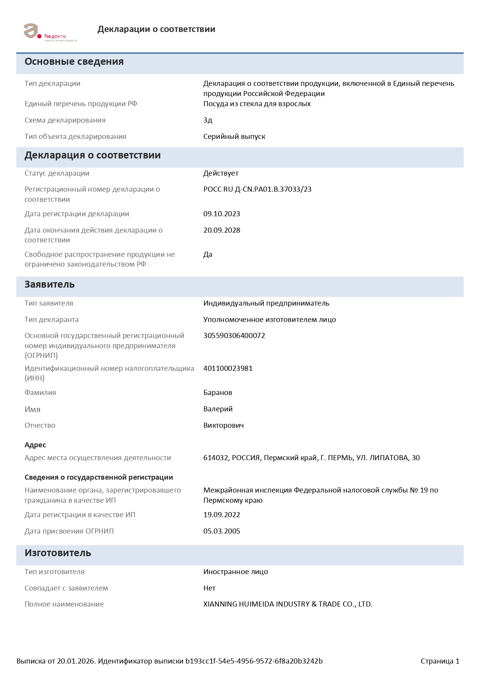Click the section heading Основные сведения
(74, 62)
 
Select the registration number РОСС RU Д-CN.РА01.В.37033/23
(257, 189)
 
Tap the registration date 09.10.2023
(222, 214)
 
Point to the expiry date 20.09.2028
(222, 230)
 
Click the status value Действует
(221, 173)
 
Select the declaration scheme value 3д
(208, 120)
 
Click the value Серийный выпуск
(234, 137)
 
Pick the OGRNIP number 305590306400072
(234, 336)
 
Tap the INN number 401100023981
(228, 368)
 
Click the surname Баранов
(218, 393)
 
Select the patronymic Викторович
(223, 425)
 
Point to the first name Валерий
(218, 409)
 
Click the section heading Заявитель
(50, 285)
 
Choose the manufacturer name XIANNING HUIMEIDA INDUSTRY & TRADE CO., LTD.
(288, 604)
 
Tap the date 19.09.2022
(222, 515)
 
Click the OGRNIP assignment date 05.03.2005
(222, 531)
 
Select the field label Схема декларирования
(65, 120)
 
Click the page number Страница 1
(440, 661)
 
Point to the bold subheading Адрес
(35, 445)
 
